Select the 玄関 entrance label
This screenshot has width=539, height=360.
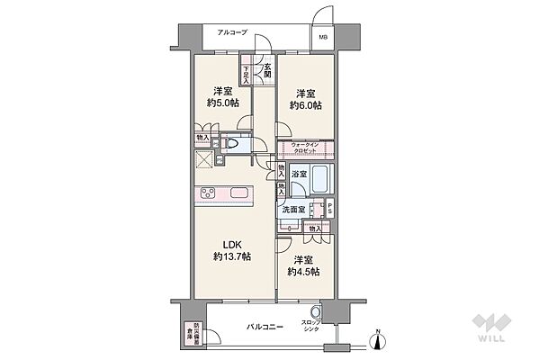tap(266, 68)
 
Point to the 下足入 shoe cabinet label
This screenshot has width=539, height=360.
tap(247, 73)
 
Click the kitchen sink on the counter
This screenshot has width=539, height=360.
tap(241, 193)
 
